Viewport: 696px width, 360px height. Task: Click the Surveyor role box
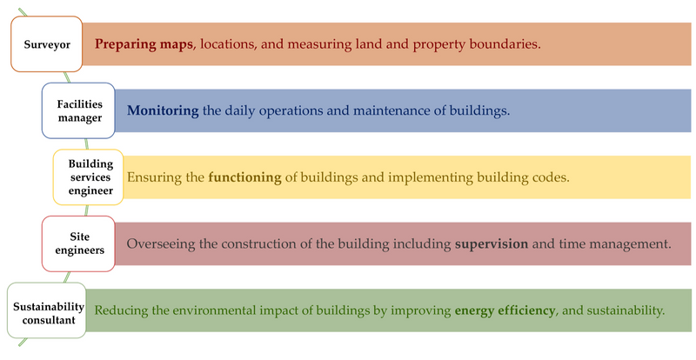click(47, 44)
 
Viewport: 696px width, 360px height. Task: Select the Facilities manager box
click(78, 110)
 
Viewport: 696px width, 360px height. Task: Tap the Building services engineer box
click(89, 177)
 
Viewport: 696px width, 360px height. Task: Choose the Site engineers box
click(78, 243)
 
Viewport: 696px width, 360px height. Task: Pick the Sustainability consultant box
click(47, 310)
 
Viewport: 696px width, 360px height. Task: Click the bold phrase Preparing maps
click(144, 44)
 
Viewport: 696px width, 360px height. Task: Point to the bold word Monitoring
click(163, 111)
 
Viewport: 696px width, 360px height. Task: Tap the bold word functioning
click(245, 177)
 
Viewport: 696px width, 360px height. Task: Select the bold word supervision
click(492, 243)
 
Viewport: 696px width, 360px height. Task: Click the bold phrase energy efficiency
click(505, 310)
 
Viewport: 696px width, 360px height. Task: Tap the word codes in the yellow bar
click(552, 177)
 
